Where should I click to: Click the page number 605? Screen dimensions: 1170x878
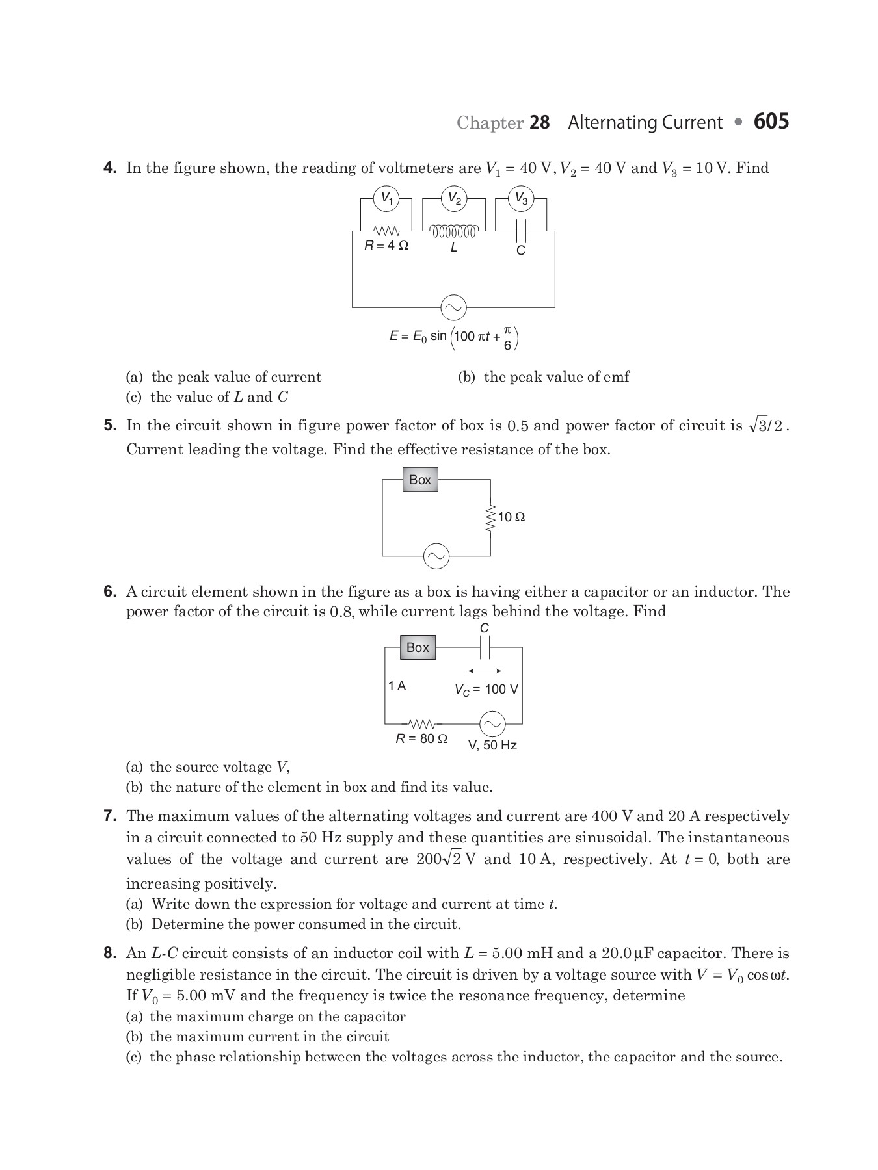(x=771, y=122)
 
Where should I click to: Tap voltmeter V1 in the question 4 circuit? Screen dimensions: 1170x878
(x=387, y=198)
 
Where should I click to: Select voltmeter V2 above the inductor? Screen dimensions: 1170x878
(x=454, y=198)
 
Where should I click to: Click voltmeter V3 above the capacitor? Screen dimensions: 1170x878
(x=521, y=198)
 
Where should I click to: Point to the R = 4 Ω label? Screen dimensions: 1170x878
(x=386, y=246)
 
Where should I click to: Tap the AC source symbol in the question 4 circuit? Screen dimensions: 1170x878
(x=453, y=307)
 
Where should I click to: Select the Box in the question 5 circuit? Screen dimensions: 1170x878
(x=419, y=480)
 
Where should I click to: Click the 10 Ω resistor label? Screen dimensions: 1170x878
(x=511, y=517)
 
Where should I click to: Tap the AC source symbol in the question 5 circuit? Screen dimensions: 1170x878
(x=436, y=556)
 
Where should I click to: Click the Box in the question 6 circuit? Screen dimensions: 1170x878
(x=418, y=647)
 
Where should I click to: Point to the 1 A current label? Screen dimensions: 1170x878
(x=397, y=686)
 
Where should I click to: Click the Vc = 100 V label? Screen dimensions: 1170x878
(x=486, y=689)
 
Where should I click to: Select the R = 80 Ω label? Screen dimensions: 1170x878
(x=421, y=739)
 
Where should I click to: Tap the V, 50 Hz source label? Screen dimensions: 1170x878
(x=492, y=745)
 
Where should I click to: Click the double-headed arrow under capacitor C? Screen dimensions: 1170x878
(x=485, y=671)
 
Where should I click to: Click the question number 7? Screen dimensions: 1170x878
(x=110, y=816)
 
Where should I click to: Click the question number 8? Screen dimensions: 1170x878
(x=110, y=953)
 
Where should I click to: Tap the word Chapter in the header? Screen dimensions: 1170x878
(x=490, y=123)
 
